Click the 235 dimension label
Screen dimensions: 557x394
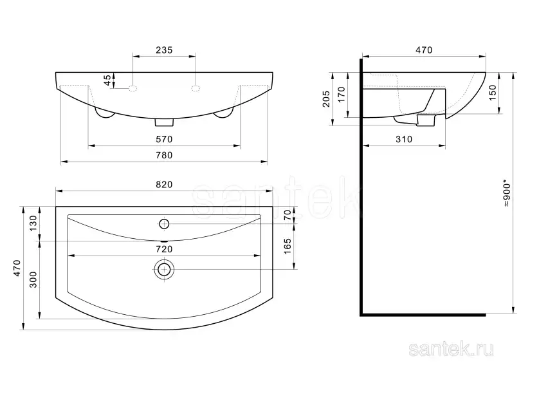pos(164,50)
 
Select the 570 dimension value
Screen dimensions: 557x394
pos(164,139)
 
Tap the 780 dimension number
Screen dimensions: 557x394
pos(164,155)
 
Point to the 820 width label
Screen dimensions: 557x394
pos(164,185)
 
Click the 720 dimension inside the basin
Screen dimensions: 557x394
pos(164,249)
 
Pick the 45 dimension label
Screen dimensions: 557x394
pos(107,80)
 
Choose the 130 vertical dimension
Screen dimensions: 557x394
pos(33,223)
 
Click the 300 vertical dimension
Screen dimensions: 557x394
pos(33,279)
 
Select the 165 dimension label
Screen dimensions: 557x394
pos(288,246)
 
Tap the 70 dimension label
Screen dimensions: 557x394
pos(288,215)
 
